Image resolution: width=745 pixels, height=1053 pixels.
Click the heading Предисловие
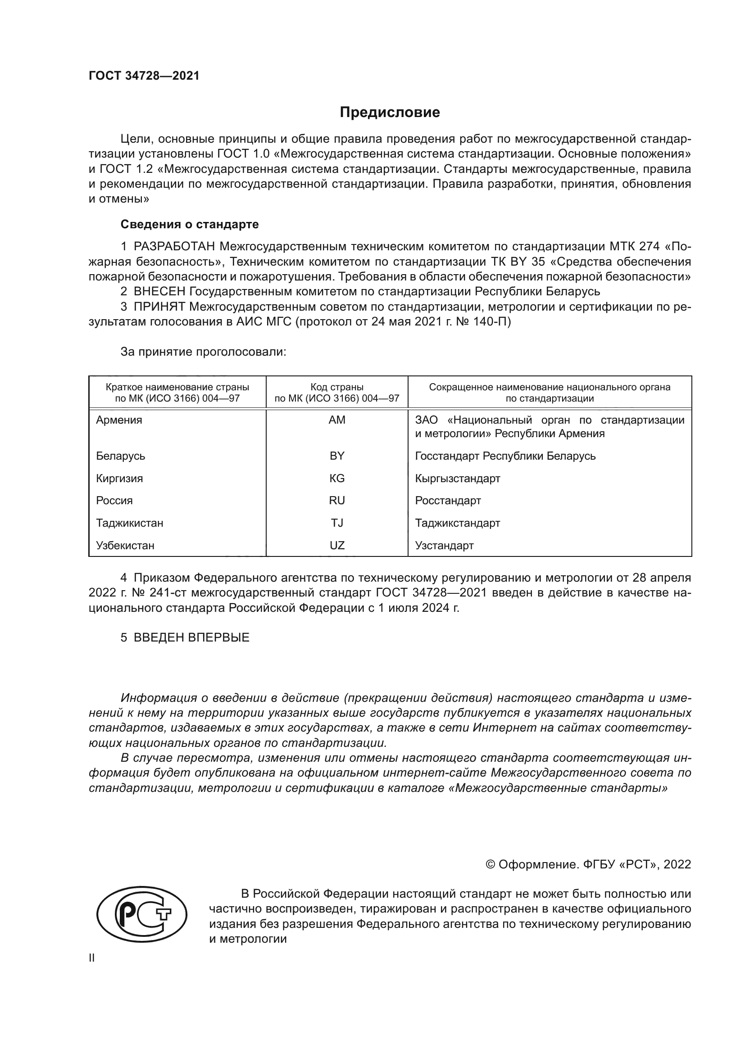(390, 113)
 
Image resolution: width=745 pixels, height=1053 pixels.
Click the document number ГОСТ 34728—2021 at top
(144, 76)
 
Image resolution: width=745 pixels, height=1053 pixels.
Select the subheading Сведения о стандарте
(190, 225)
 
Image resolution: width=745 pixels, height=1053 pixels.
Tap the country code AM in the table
(337, 420)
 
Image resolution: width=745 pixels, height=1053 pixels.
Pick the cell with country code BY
(337, 456)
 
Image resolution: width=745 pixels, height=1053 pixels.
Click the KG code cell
(337, 479)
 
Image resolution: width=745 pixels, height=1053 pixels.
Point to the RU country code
(337, 500)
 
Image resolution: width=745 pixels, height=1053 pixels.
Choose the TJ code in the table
(337, 523)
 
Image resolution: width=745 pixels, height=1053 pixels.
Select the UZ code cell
(337, 545)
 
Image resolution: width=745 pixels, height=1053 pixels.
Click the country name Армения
(119, 420)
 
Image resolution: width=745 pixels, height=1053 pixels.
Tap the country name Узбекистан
(125, 545)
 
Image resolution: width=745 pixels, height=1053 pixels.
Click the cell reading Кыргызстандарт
(457, 479)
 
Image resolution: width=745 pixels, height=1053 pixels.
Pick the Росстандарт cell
(448, 500)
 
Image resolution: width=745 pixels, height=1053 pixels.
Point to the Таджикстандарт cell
(457, 523)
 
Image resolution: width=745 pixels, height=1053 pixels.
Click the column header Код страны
(337, 387)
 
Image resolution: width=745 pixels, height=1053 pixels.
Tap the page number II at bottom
(92, 958)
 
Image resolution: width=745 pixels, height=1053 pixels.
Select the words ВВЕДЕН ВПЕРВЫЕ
(191, 637)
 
